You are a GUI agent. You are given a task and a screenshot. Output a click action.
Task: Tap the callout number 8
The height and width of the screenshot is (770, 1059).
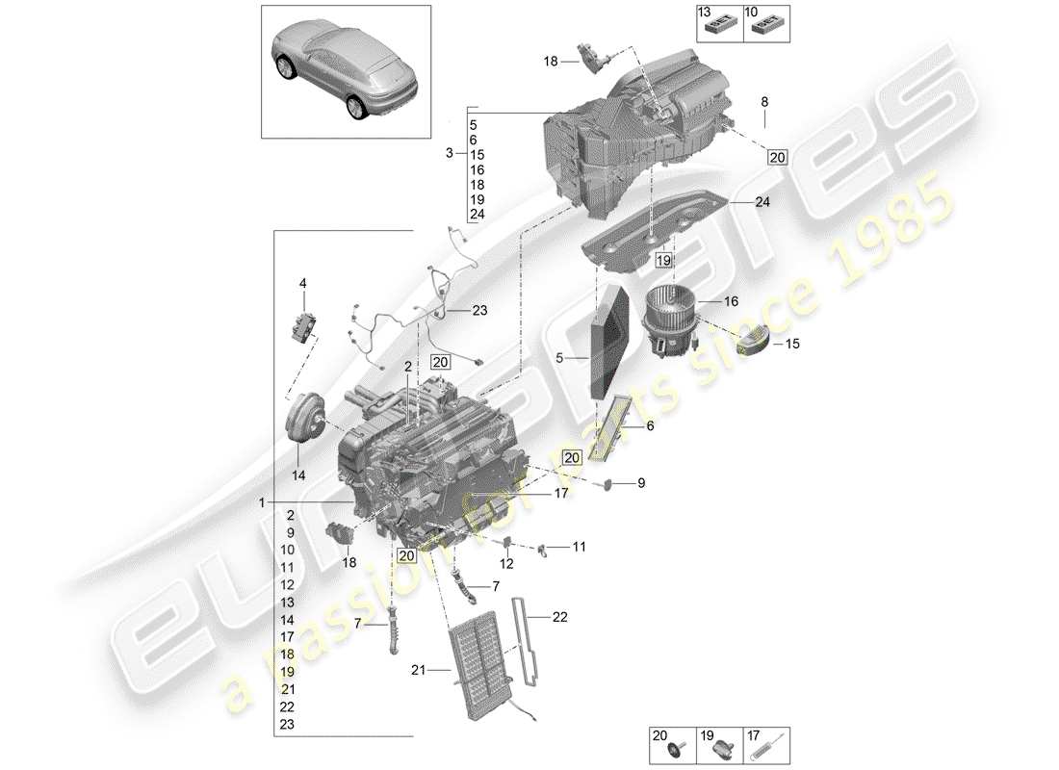764,101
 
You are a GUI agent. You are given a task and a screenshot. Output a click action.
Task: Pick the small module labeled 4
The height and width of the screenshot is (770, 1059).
305,324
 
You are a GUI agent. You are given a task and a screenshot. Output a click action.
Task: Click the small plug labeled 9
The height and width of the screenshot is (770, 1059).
610,484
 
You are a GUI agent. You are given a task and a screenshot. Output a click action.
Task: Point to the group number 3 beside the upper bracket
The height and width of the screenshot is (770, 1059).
449,154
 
